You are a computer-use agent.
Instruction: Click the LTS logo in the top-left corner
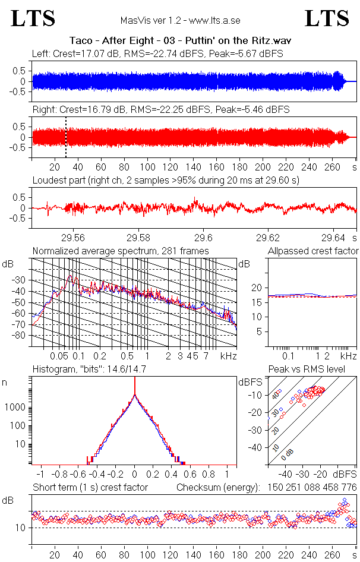(x=33, y=18)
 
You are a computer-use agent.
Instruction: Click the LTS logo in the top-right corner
(x=327, y=18)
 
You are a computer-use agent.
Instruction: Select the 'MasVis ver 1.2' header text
(x=180, y=20)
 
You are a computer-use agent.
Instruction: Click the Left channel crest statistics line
(x=157, y=53)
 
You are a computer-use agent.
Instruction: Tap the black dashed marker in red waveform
(x=66, y=137)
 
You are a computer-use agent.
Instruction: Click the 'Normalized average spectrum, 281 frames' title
(x=121, y=251)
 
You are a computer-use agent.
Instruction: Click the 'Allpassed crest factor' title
(x=313, y=251)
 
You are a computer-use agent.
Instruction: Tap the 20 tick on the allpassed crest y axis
(x=257, y=288)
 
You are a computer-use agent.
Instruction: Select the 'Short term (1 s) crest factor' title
(x=90, y=488)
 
